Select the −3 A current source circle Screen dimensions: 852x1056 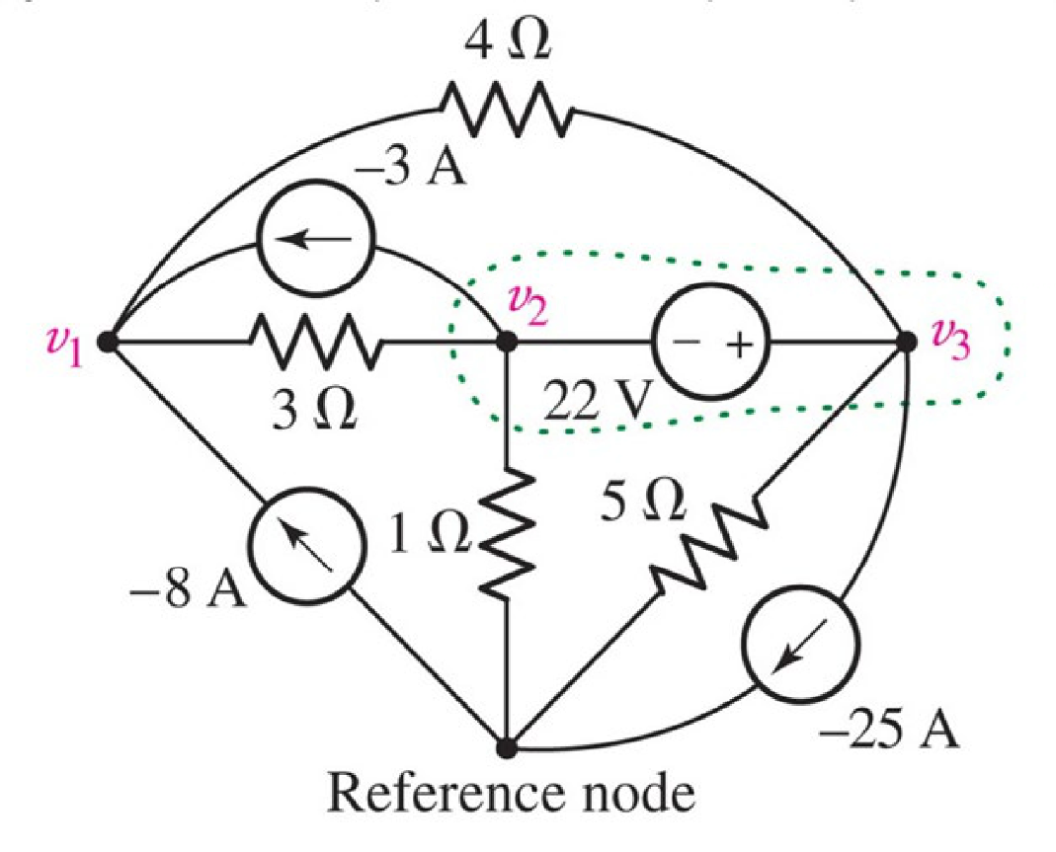click(315, 238)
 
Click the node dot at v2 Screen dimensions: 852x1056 click(507, 343)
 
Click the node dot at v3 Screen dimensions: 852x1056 click(906, 343)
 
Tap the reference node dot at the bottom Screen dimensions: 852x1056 click(507, 748)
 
